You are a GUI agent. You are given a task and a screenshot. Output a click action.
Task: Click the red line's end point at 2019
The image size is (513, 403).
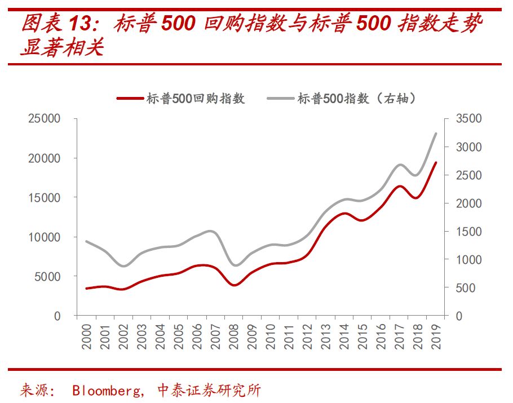click(435, 162)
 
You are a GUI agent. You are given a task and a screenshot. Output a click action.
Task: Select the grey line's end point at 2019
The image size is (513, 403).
click(435, 134)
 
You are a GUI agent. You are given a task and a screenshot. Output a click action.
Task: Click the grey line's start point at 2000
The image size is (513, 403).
click(86, 241)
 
